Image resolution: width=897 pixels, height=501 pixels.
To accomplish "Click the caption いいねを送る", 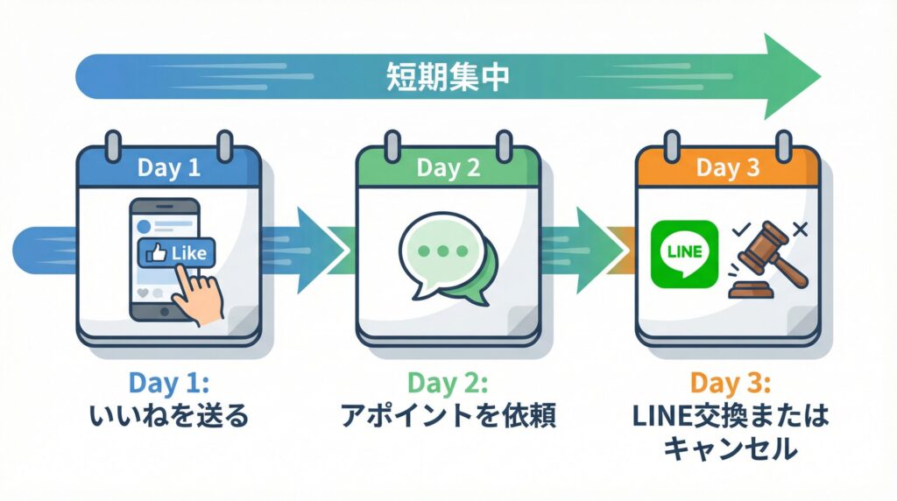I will pos(168,415).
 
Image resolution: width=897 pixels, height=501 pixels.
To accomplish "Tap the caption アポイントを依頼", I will pos(448,415).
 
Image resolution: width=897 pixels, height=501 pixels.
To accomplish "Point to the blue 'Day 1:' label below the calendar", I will pos(168,384).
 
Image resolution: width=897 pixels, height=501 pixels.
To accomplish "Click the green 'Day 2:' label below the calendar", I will pos(448,384).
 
